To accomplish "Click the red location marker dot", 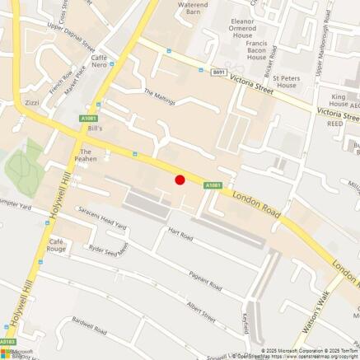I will click(180, 180).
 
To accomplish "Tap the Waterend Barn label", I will click(193, 9).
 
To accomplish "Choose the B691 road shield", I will click(218, 72).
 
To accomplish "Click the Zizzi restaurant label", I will click(32, 104).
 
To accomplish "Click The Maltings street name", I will click(160, 96).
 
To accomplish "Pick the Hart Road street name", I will click(180, 236).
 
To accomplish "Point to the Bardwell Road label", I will click(89, 330).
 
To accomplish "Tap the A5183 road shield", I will click(7, 341).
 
